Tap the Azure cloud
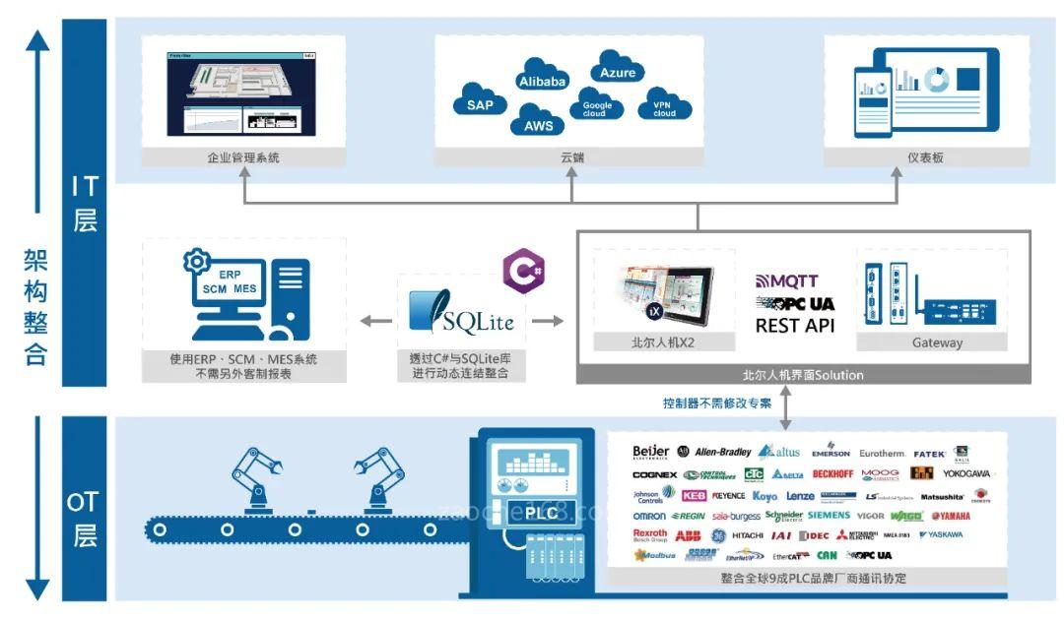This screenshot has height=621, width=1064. pos(618,73)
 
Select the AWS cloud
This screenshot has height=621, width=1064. pos(538,125)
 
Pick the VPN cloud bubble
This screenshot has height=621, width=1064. pos(665,107)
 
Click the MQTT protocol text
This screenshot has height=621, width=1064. pos(786,281)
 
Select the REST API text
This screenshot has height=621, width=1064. pos(795,325)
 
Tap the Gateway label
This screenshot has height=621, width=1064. pos(931,342)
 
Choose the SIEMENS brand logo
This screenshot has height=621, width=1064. pos(829,516)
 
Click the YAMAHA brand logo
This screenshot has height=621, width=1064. pos(951,516)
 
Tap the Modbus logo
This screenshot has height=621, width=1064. pos(655,556)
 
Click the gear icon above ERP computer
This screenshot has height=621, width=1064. pos(198,262)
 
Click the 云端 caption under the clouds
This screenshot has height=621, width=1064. pos(571,157)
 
